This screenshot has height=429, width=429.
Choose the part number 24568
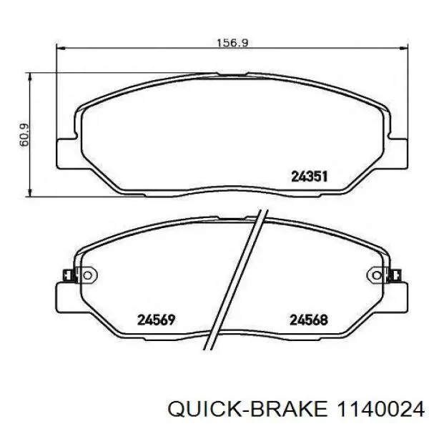click(308, 320)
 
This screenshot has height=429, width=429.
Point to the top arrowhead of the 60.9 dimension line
click(29, 74)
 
